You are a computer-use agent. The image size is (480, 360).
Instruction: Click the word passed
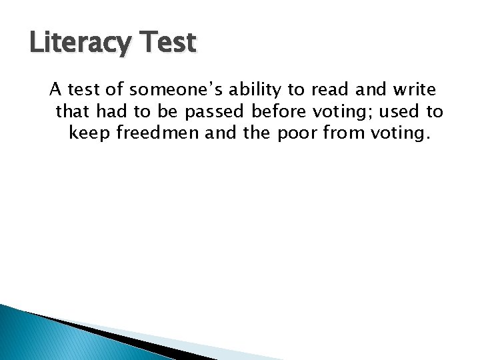pyautogui.click(x=213, y=111)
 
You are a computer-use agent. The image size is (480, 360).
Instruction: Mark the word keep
pyautogui.click(x=89, y=133)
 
